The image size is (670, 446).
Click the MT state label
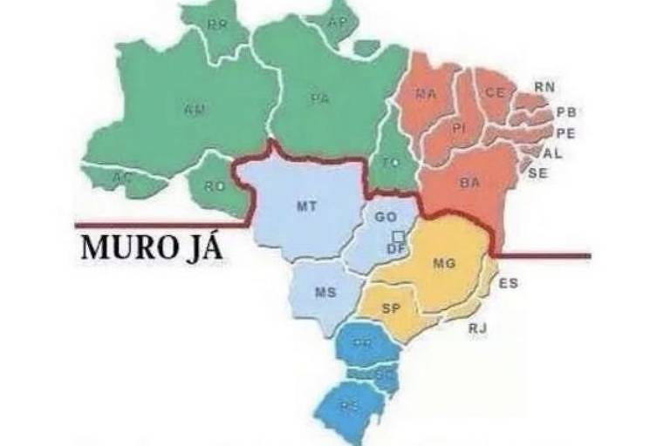[x=306, y=206]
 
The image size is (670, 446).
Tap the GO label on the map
[x=386, y=217]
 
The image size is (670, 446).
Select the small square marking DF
[x=398, y=237]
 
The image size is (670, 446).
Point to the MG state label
[x=444, y=262]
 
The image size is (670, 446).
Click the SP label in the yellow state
[x=392, y=308]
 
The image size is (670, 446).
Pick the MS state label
[x=325, y=293]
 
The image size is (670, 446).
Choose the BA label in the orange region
[x=469, y=183]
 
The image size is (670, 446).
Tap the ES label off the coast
[x=509, y=283]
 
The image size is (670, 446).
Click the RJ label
[x=477, y=328]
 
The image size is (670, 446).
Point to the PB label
[x=566, y=112]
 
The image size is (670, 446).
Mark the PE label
[x=565, y=133]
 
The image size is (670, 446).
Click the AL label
[x=553, y=153]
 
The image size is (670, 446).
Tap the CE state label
[x=496, y=92]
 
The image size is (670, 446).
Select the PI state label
[x=460, y=129]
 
